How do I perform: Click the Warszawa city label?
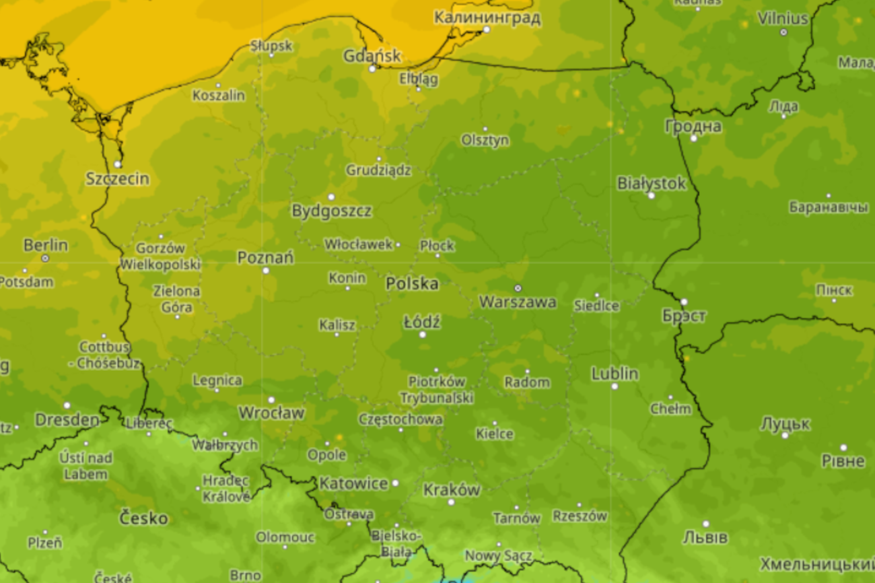pyautogui.click(x=517, y=302)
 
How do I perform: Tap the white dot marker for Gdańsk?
pyautogui.click(x=372, y=68)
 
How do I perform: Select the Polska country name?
pyautogui.click(x=412, y=283)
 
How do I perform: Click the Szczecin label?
pyautogui.click(x=117, y=179)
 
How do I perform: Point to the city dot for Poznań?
pyautogui.click(x=265, y=271)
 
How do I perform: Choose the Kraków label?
pyautogui.click(x=452, y=490)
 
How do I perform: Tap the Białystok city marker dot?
pyautogui.click(x=651, y=195)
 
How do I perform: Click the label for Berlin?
pyautogui.click(x=45, y=245)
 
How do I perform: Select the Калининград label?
pyautogui.click(x=487, y=18)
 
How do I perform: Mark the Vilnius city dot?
pyautogui.click(x=783, y=32)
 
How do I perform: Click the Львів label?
pyautogui.click(x=705, y=537)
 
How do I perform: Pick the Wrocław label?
pyautogui.click(x=271, y=413)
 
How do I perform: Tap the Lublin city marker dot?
pyautogui.click(x=614, y=386)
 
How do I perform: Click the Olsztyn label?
pyautogui.click(x=485, y=140)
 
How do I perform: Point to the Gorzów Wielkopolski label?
pyautogui.click(x=160, y=256)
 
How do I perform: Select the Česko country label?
pyautogui.click(x=143, y=518)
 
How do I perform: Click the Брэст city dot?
pyautogui.click(x=684, y=302)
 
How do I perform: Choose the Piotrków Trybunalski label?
pyautogui.click(x=436, y=390)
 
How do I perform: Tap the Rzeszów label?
pyautogui.click(x=580, y=516)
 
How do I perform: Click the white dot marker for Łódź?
pyautogui.click(x=423, y=335)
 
